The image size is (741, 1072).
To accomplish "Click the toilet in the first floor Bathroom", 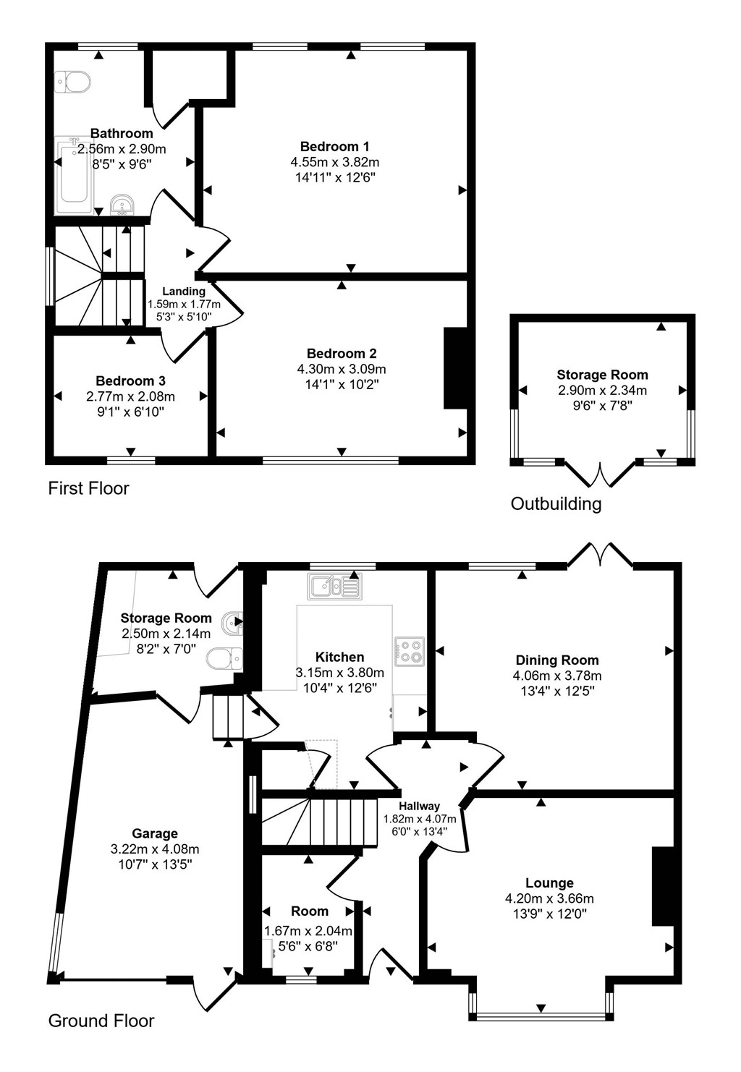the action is (x=72, y=82).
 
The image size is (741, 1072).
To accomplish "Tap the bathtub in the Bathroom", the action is (x=75, y=175).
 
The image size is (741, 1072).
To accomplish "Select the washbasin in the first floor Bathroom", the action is (x=123, y=205).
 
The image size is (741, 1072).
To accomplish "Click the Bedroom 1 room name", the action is (x=334, y=146).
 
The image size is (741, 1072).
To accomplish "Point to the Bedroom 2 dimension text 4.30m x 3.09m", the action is (x=342, y=369).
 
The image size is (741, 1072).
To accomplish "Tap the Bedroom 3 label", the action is (x=131, y=381).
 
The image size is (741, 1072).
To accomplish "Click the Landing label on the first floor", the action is (x=184, y=291).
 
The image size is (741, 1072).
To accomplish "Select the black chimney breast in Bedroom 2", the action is (x=455, y=368).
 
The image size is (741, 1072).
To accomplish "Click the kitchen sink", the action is (x=334, y=586).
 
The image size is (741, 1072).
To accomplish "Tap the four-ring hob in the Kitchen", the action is (x=410, y=651).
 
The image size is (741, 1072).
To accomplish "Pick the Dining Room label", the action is (x=557, y=660).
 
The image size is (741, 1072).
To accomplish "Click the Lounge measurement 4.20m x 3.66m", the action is (x=549, y=898).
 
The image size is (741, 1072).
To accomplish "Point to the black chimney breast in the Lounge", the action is (x=663, y=886).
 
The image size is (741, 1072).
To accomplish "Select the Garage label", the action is (x=155, y=834).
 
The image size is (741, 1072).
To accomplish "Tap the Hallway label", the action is (x=419, y=806).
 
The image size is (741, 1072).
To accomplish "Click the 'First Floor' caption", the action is (x=88, y=489).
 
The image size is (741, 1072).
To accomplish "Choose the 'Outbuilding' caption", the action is (x=556, y=504).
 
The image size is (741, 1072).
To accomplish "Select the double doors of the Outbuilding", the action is (x=601, y=474).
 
